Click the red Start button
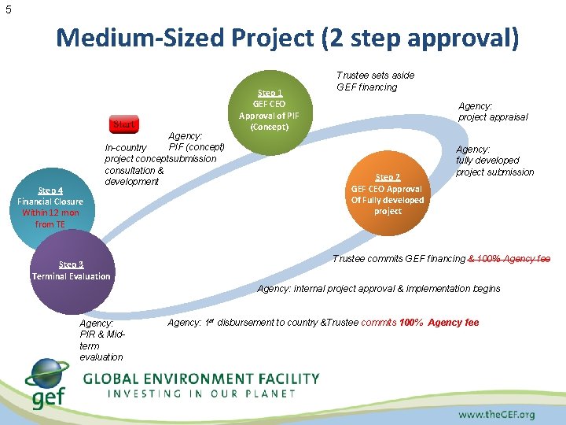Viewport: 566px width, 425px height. (123, 124)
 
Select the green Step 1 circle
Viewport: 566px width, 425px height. (270, 109)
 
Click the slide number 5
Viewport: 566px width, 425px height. (8, 9)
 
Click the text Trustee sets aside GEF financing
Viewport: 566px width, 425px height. (375, 81)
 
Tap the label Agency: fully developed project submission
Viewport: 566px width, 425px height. (494, 161)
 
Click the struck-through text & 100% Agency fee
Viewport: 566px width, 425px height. (509, 259)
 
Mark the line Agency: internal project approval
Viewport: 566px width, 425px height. (378, 289)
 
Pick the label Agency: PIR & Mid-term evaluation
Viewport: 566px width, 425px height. (101, 340)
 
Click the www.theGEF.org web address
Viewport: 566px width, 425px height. (496, 414)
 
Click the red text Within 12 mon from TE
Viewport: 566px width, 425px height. (50, 218)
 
